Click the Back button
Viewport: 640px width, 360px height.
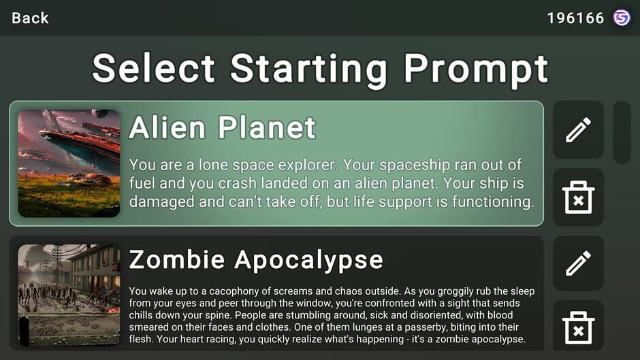pyautogui.click(x=30, y=18)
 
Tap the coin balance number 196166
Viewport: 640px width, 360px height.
pyautogui.click(x=575, y=18)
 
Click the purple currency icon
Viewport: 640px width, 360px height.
pyautogui.click(x=622, y=18)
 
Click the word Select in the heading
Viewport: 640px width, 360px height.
pyautogui.click(x=154, y=69)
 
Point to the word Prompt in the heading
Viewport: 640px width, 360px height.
pyautogui.click(x=476, y=69)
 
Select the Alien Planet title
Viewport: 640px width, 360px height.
pyautogui.click(x=223, y=127)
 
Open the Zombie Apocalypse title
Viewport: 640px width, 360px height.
pyautogui.click(x=256, y=259)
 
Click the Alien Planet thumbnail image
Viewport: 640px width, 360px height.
pyautogui.click(x=69, y=163)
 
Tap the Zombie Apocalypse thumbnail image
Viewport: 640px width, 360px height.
pyautogui.click(x=69, y=295)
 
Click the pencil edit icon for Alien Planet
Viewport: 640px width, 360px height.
pyautogui.click(x=578, y=129)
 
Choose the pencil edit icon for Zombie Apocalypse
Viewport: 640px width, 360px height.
pyautogui.click(x=578, y=263)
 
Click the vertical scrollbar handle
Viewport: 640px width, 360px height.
pyautogui.click(x=622, y=132)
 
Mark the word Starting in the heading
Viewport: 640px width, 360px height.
pyautogui.click(x=309, y=69)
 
